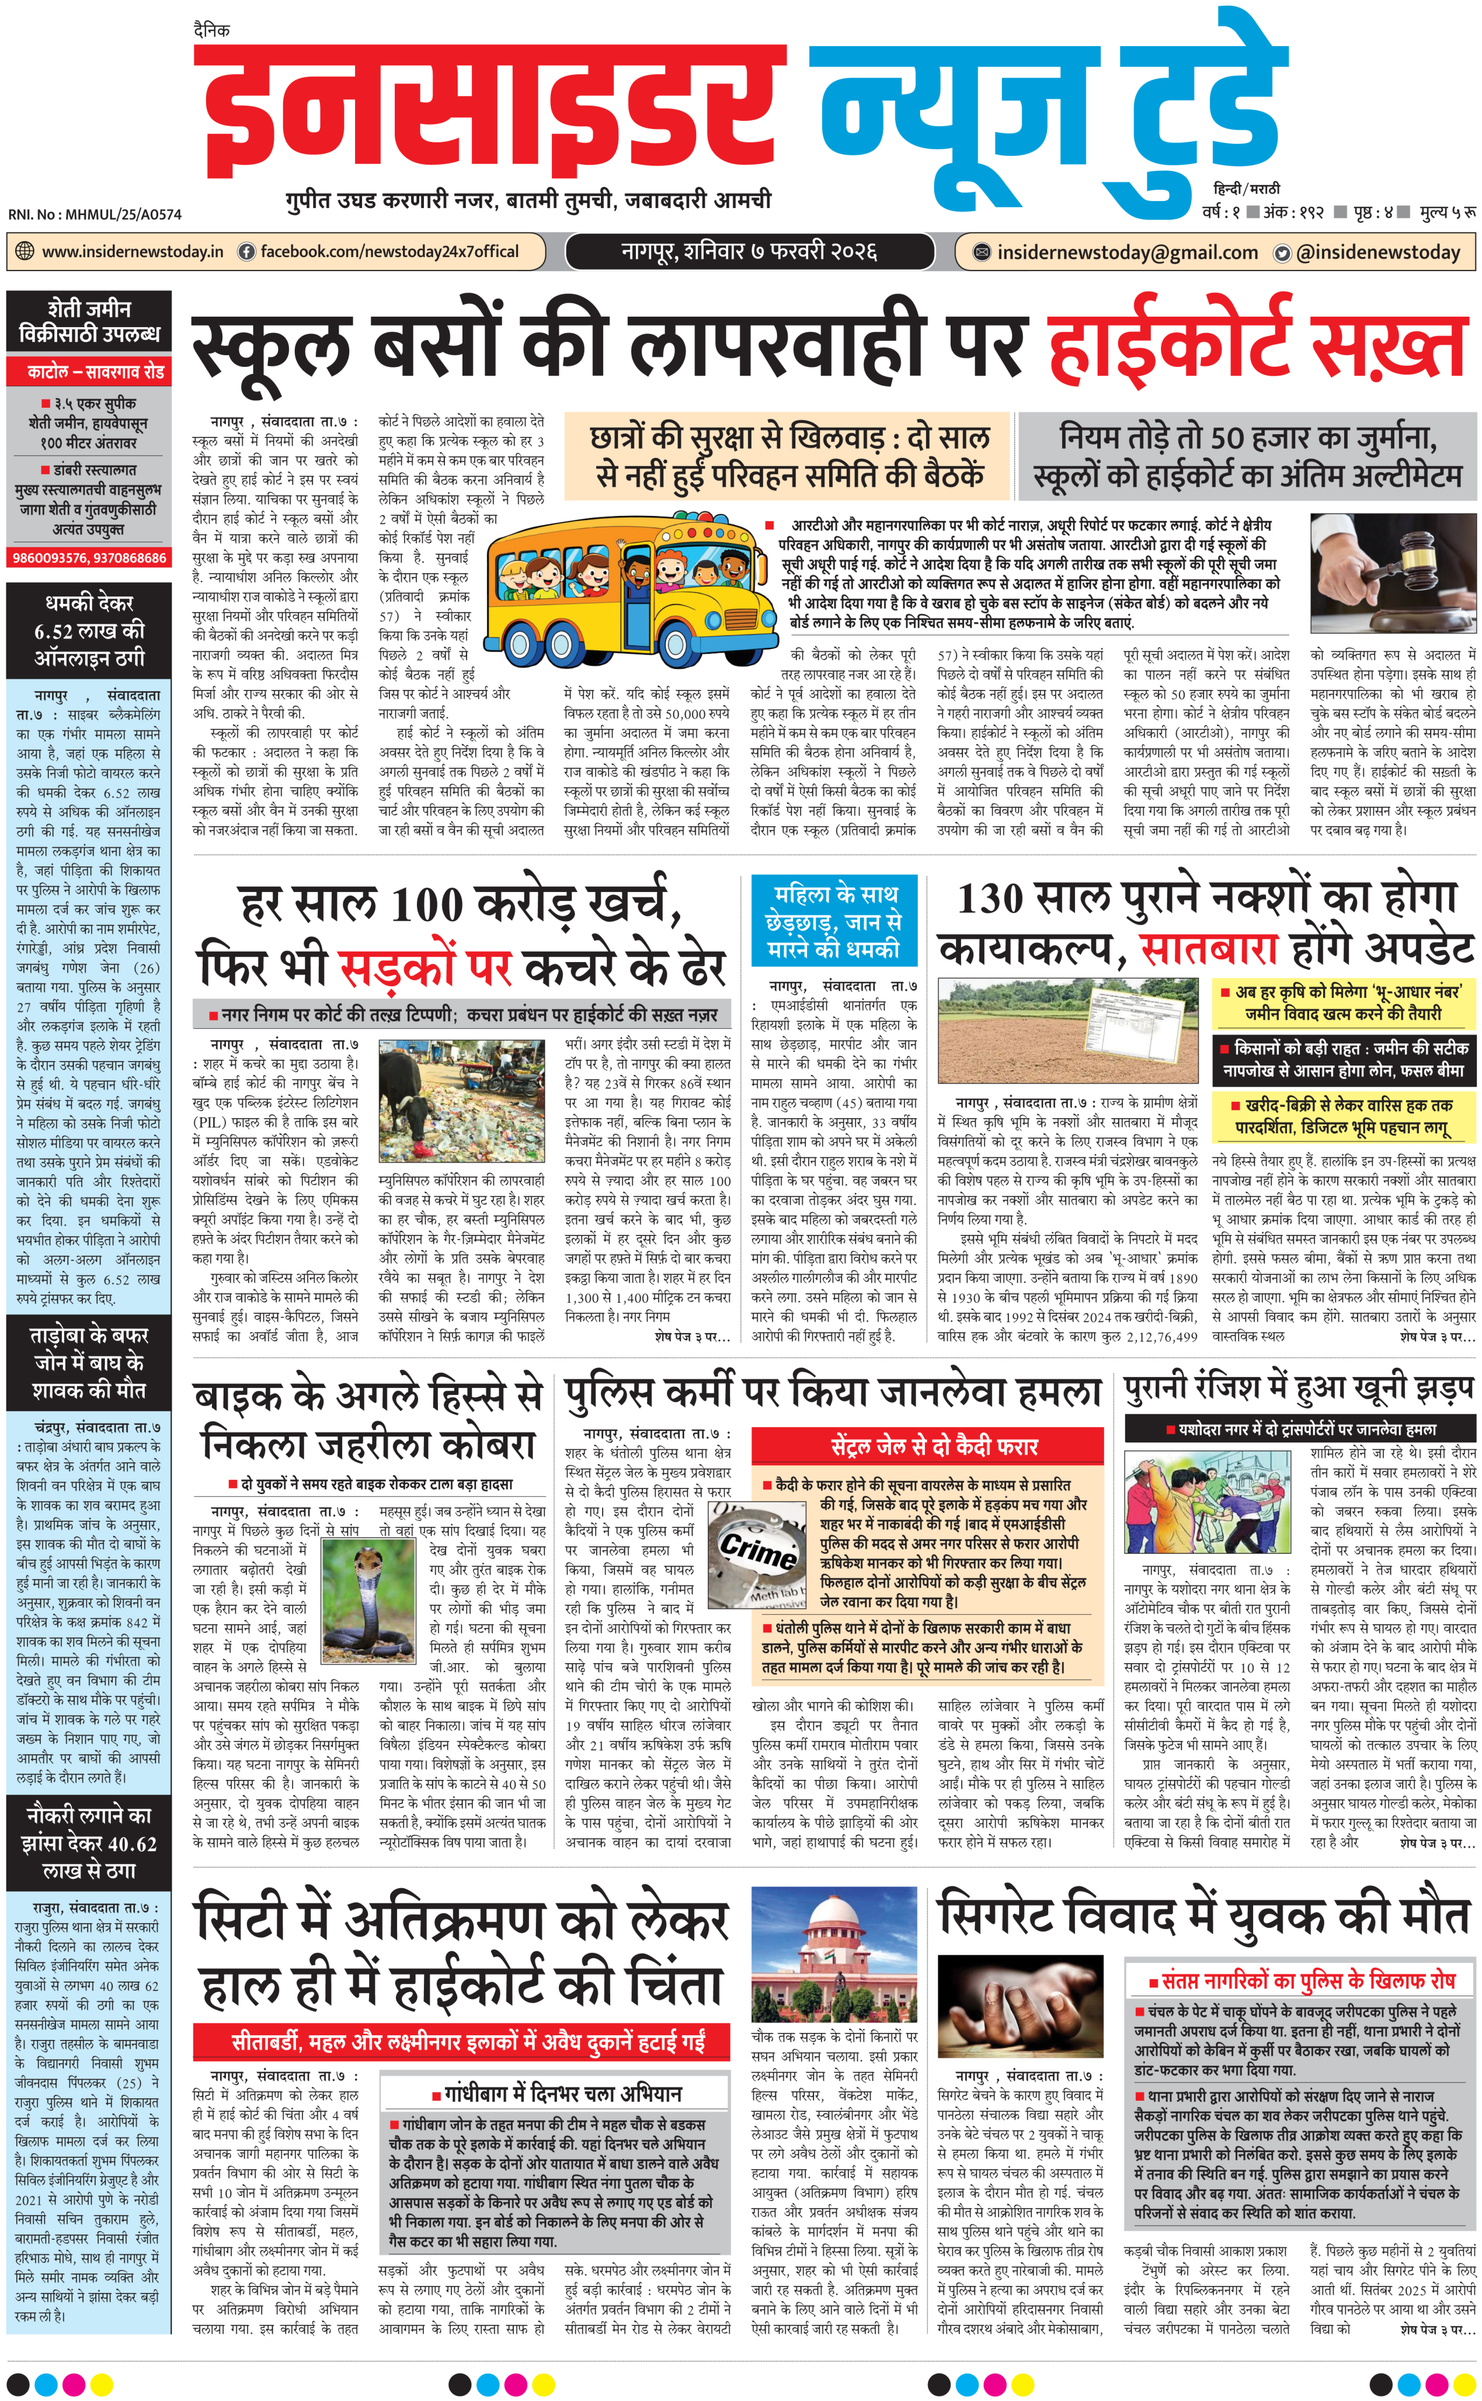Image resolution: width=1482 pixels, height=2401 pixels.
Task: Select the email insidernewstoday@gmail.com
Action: click(x=1127, y=253)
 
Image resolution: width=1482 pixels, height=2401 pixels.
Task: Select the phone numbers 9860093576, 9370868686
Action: click(x=89, y=558)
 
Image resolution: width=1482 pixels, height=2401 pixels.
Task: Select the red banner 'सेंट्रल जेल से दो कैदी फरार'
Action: click(x=934, y=1446)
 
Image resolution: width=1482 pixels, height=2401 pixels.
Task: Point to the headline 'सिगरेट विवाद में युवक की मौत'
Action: click(x=1203, y=1917)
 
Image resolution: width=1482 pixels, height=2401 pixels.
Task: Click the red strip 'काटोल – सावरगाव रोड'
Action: click(x=89, y=372)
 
